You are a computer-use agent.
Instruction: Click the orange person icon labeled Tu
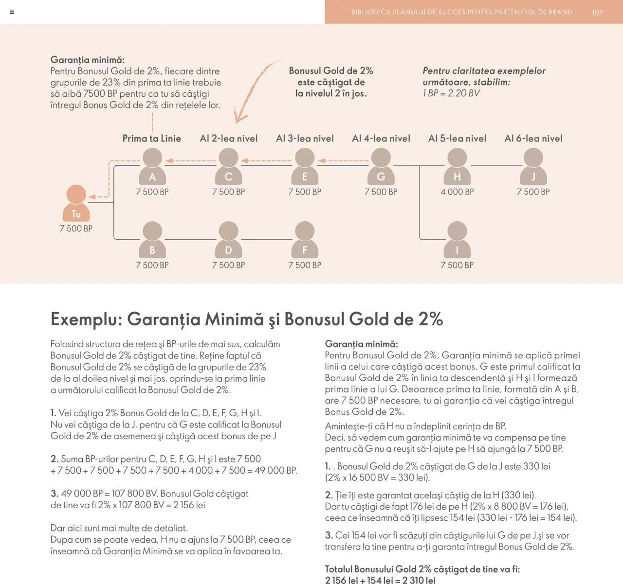pos(76,203)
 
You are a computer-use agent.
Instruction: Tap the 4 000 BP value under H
pos(457,192)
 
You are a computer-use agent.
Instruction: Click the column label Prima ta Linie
pos(152,139)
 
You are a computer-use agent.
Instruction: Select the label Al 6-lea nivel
pos(533,139)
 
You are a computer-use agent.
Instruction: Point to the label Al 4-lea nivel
pos(381,139)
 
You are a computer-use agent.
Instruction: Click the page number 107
pos(597,13)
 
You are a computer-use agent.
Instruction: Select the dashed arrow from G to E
pos(343,160)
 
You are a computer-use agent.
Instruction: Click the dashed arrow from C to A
pos(191,160)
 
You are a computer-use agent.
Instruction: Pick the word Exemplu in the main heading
pos(86,319)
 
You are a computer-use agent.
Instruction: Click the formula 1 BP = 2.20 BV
pos(451,93)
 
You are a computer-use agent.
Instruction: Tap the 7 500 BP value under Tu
pos(76,229)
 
